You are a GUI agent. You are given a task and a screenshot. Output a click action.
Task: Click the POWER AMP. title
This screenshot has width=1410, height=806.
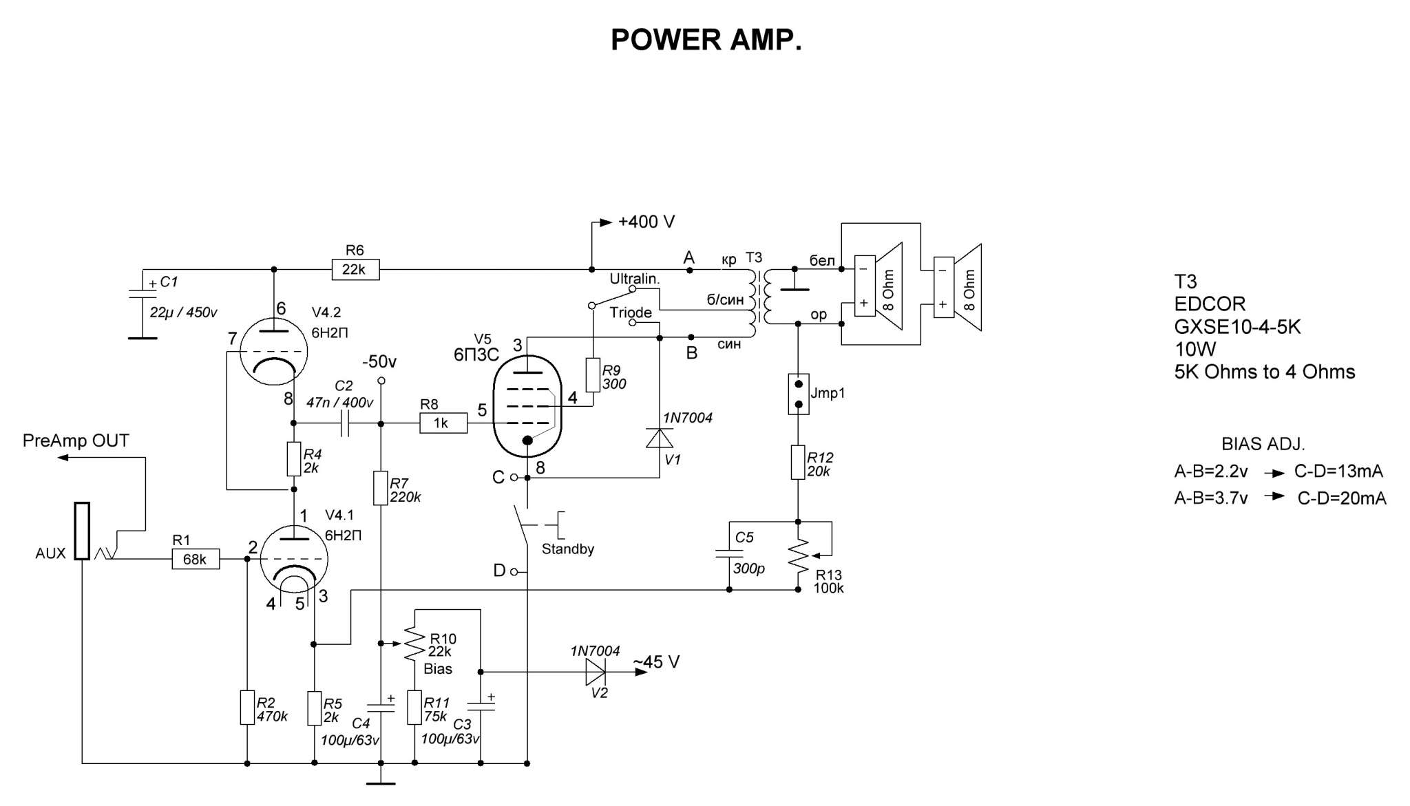point(706,40)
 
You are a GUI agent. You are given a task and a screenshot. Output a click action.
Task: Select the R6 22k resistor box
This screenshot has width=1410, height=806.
point(355,269)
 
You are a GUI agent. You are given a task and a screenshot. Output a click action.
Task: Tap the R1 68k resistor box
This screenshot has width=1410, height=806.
point(195,560)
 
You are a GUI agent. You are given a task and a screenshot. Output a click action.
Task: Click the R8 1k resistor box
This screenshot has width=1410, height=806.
point(443,423)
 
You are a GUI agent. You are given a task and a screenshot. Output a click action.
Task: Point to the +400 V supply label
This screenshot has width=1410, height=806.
point(646,222)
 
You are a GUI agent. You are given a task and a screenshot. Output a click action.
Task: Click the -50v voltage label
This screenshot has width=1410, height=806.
point(379,362)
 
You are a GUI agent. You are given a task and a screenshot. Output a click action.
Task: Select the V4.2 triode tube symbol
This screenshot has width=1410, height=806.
point(273,352)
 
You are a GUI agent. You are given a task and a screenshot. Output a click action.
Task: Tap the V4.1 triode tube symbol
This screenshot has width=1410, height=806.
point(295,558)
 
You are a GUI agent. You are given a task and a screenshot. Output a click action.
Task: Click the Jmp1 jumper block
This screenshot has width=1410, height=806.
point(798,394)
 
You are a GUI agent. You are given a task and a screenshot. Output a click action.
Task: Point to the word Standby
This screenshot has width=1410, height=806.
point(567,549)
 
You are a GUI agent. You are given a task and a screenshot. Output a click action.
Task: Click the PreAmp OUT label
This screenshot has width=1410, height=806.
point(76,441)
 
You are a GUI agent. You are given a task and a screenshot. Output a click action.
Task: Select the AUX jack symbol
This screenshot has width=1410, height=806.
point(82,531)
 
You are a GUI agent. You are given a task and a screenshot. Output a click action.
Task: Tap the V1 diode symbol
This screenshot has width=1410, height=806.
point(660,438)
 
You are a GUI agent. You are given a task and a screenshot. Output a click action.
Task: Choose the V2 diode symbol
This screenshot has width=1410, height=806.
point(596,672)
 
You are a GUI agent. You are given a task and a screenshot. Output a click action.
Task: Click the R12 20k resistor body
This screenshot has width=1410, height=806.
point(798,462)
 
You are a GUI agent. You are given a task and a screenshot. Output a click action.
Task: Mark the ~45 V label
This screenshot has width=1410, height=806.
point(656,662)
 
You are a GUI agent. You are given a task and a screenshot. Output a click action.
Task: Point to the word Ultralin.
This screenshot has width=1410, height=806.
point(634,279)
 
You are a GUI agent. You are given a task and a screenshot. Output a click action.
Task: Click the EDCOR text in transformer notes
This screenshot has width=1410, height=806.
point(1210,304)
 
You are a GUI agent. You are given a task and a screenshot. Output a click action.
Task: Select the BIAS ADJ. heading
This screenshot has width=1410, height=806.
point(1263,444)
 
